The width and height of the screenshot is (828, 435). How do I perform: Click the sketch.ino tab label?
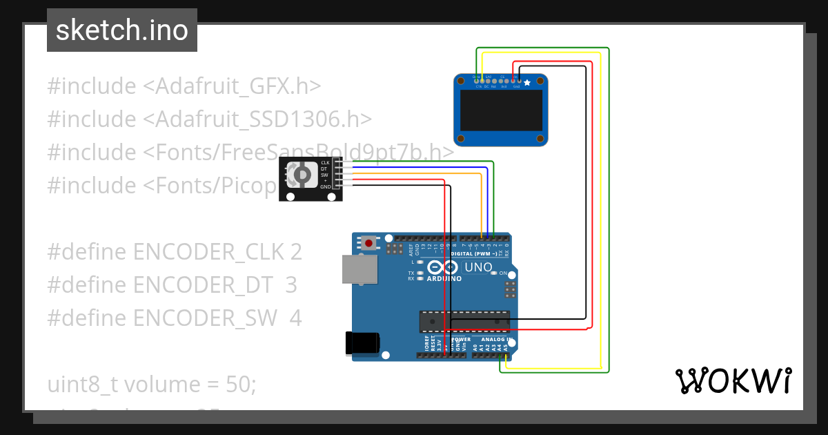click(122, 30)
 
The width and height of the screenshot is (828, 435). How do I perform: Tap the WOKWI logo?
click(733, 381)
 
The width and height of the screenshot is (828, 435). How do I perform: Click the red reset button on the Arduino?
click(370, 243)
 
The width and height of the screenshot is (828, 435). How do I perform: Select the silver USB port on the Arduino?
click(360, 269)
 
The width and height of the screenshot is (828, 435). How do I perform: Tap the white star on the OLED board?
click(528, 83)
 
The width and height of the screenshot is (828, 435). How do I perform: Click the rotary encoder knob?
click(302, 177)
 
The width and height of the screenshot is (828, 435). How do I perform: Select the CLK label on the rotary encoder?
click(325, 162)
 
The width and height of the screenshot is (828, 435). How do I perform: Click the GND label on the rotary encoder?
click(325, 186)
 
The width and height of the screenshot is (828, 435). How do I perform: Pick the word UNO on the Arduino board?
click(478, 267)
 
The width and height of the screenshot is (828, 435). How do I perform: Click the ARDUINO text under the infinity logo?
click(444, 279)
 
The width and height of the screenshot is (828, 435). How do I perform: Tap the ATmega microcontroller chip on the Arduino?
click(464, 322)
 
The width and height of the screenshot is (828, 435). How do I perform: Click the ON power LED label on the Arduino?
click(503, 273)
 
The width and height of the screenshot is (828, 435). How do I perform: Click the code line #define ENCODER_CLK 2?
click(175, 252)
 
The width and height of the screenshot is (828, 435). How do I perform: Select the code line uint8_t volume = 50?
click(152, 384)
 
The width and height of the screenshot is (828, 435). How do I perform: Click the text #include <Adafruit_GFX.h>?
click(184, 86)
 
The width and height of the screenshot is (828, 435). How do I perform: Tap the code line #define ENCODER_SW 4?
click(175, 318)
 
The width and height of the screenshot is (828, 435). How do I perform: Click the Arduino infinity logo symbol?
click(444, 267)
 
